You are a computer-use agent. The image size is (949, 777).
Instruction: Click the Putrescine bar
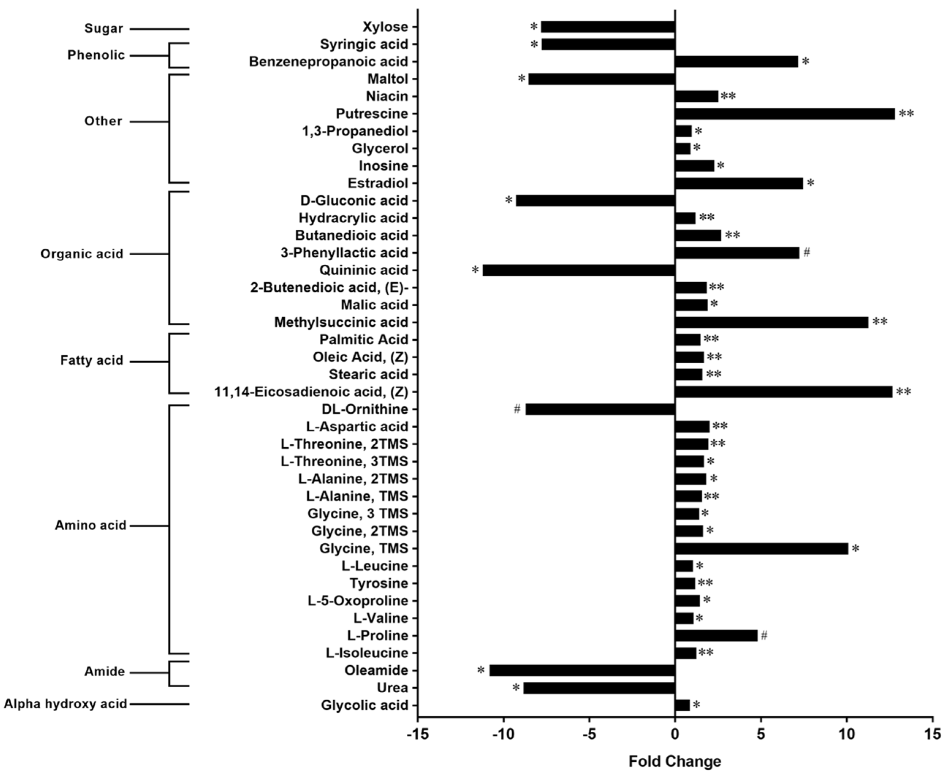click(785, 114)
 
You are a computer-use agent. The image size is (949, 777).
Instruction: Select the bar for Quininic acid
click(578, 270)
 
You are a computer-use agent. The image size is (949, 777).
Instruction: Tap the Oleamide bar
click(582, 670)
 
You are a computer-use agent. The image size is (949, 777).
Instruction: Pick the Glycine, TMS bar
click(761, 549)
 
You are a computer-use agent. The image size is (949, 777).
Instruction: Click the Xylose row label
click(385, 27)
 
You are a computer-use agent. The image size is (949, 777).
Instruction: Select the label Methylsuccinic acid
click(341, 322)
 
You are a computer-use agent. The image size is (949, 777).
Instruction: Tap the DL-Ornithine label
click(365, 409)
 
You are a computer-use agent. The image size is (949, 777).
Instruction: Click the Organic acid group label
click(81, 254)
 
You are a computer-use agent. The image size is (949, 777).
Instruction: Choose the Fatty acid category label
click(91, 360)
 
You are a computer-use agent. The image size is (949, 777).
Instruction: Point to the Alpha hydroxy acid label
click(65, 704)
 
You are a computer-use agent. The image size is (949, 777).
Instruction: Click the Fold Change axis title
click(675, 761)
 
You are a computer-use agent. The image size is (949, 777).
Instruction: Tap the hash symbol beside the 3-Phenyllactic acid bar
click(806, 252)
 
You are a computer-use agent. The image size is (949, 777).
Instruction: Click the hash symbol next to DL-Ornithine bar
click(517, 409)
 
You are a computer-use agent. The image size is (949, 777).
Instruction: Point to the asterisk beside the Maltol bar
click(522, 79)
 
